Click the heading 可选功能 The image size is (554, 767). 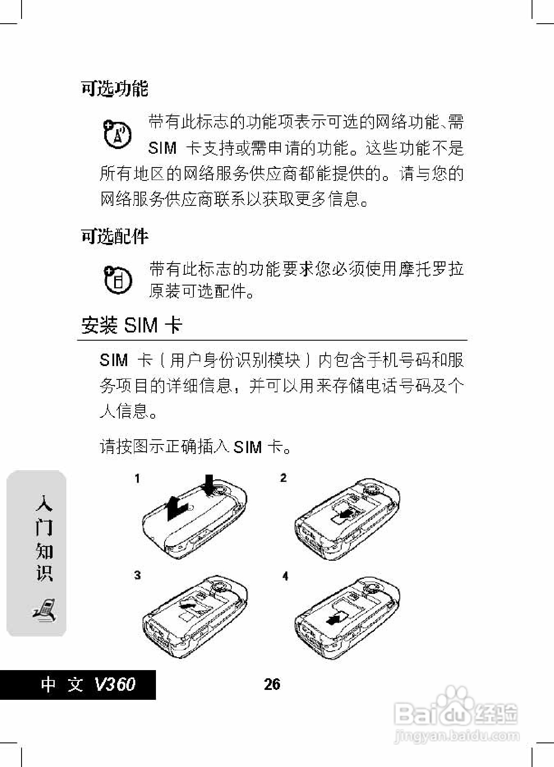pyautogui.click(x=115, y=89)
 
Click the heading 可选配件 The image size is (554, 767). pyautogui.click(x=115, y=236)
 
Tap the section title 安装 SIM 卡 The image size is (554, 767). pyautogui.click(x=131, y=325)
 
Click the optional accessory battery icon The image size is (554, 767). pyautogui.click(x=118, y=280)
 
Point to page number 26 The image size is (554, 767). pyautogui.click(x=272, y=684)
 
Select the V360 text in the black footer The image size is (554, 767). pyautogui.click(x=114, y=684)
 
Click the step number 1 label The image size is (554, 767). pyautogui.click(x=137, y=478)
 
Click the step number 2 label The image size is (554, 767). pyautogui.click(x=283, y=478)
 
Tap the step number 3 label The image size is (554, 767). pyautogui.click(x=137, y=575)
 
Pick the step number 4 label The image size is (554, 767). pyautogui.click(x=285, y=576)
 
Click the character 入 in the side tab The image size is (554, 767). pyautogui.click(x=44, y=503)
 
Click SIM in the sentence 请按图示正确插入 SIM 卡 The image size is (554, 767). pyautogui.click(x=247, y=447)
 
